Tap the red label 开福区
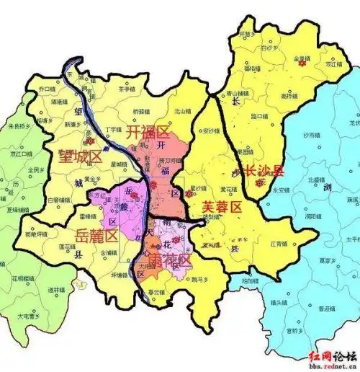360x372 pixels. [148, 133]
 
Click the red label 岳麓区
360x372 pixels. [96, 236]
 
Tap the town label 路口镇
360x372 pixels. [258, 115]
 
